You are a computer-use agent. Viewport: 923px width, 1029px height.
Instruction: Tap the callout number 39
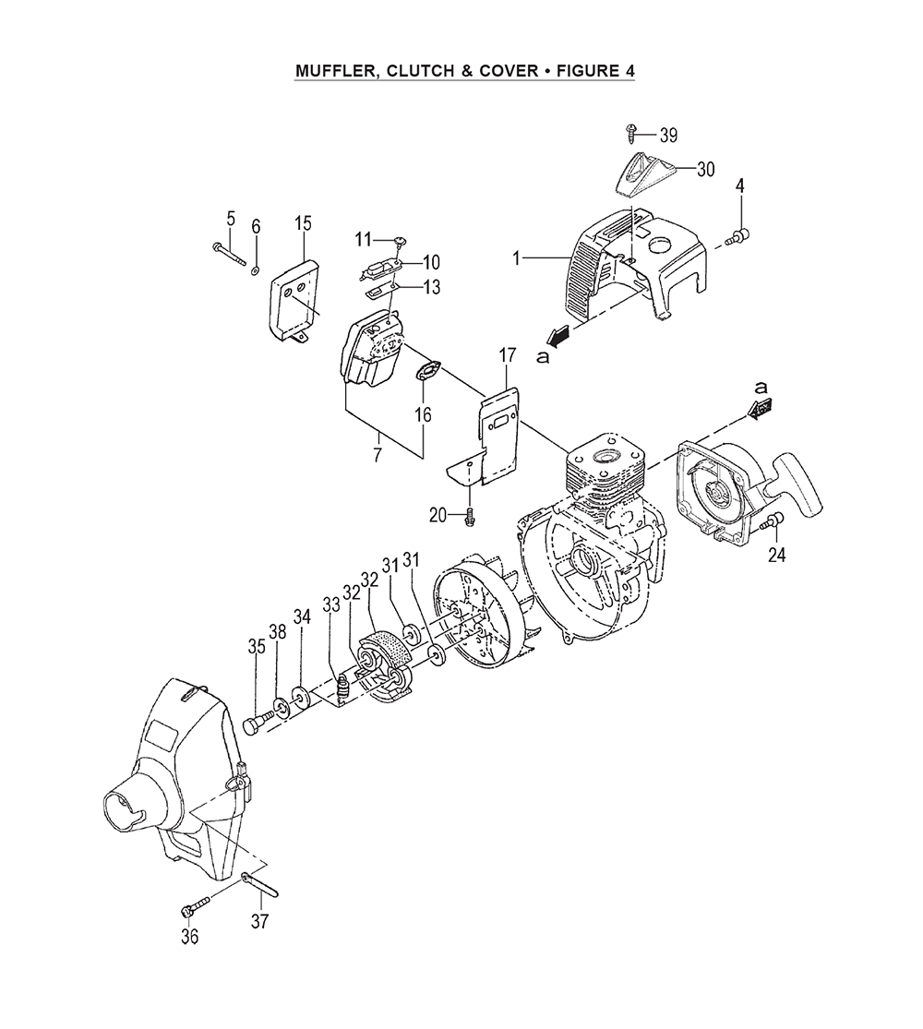tap(668, 136)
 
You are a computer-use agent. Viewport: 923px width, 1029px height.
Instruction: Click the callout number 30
tap(706, 169)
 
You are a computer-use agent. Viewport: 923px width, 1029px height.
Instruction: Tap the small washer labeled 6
tap(255, 269)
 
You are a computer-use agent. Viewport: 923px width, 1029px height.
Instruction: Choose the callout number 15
tap(303, 223)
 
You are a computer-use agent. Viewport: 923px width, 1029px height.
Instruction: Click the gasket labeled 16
tap(428, 370)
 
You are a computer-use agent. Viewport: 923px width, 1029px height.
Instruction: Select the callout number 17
tap(508, 356)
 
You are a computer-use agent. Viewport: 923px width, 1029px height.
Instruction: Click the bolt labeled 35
tap(258, 724)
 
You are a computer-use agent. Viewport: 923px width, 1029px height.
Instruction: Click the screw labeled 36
tap(196, 905)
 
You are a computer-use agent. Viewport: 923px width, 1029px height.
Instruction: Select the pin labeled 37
tap(261, 882)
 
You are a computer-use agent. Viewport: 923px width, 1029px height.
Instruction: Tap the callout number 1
tap(517, 259)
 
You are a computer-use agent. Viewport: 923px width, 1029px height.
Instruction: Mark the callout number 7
tap(377, 455)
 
